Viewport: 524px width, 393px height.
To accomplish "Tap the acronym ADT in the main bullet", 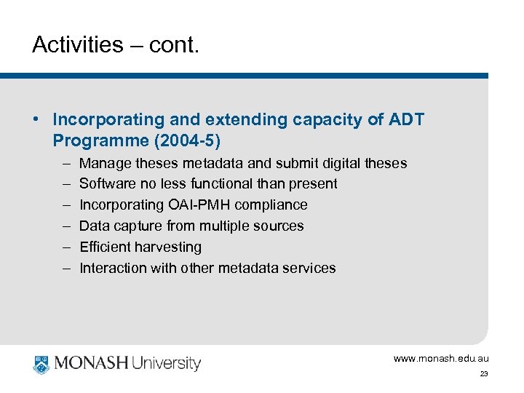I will tap(407, 119).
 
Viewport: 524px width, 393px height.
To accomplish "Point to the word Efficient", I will tap(103, 247).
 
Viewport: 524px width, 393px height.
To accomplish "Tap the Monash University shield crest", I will tap(41, 362).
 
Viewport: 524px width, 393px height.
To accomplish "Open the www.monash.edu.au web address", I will tap(441, 358).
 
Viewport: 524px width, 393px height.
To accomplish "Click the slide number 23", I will tap(483, 374).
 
